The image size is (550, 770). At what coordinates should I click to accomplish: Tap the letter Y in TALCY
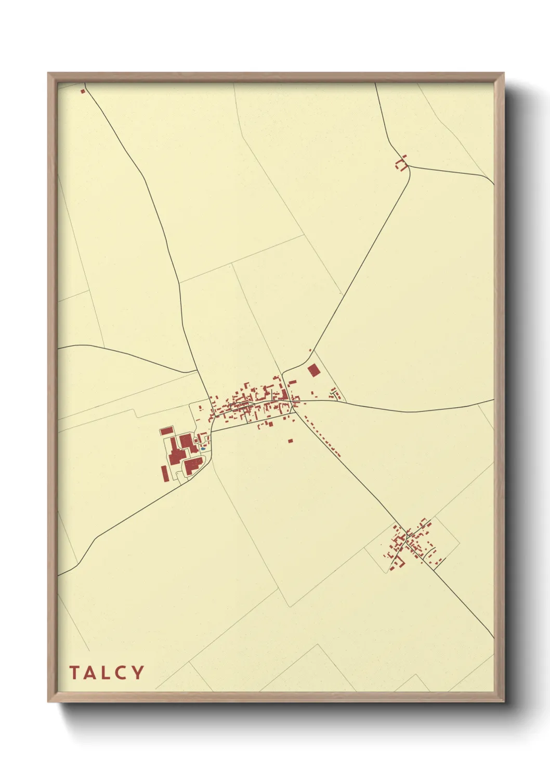[137, 673]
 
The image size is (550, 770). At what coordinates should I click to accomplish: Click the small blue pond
[203, 446]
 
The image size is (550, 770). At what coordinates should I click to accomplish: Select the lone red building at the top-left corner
[82, 92]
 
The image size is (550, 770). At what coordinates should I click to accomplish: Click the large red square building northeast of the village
[313, 370]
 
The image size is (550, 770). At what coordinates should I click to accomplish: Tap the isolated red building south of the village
[291, 441]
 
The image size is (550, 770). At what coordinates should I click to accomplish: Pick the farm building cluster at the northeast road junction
[400, 164]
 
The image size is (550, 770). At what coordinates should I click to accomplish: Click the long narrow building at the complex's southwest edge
[165, 474]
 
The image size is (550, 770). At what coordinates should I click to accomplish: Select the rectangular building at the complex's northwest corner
[166, 431]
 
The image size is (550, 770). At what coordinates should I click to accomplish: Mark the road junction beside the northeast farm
[409, 166]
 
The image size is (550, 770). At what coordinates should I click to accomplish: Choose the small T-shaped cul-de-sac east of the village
[335, 394]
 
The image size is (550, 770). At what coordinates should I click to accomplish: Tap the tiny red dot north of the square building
[310, 351]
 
